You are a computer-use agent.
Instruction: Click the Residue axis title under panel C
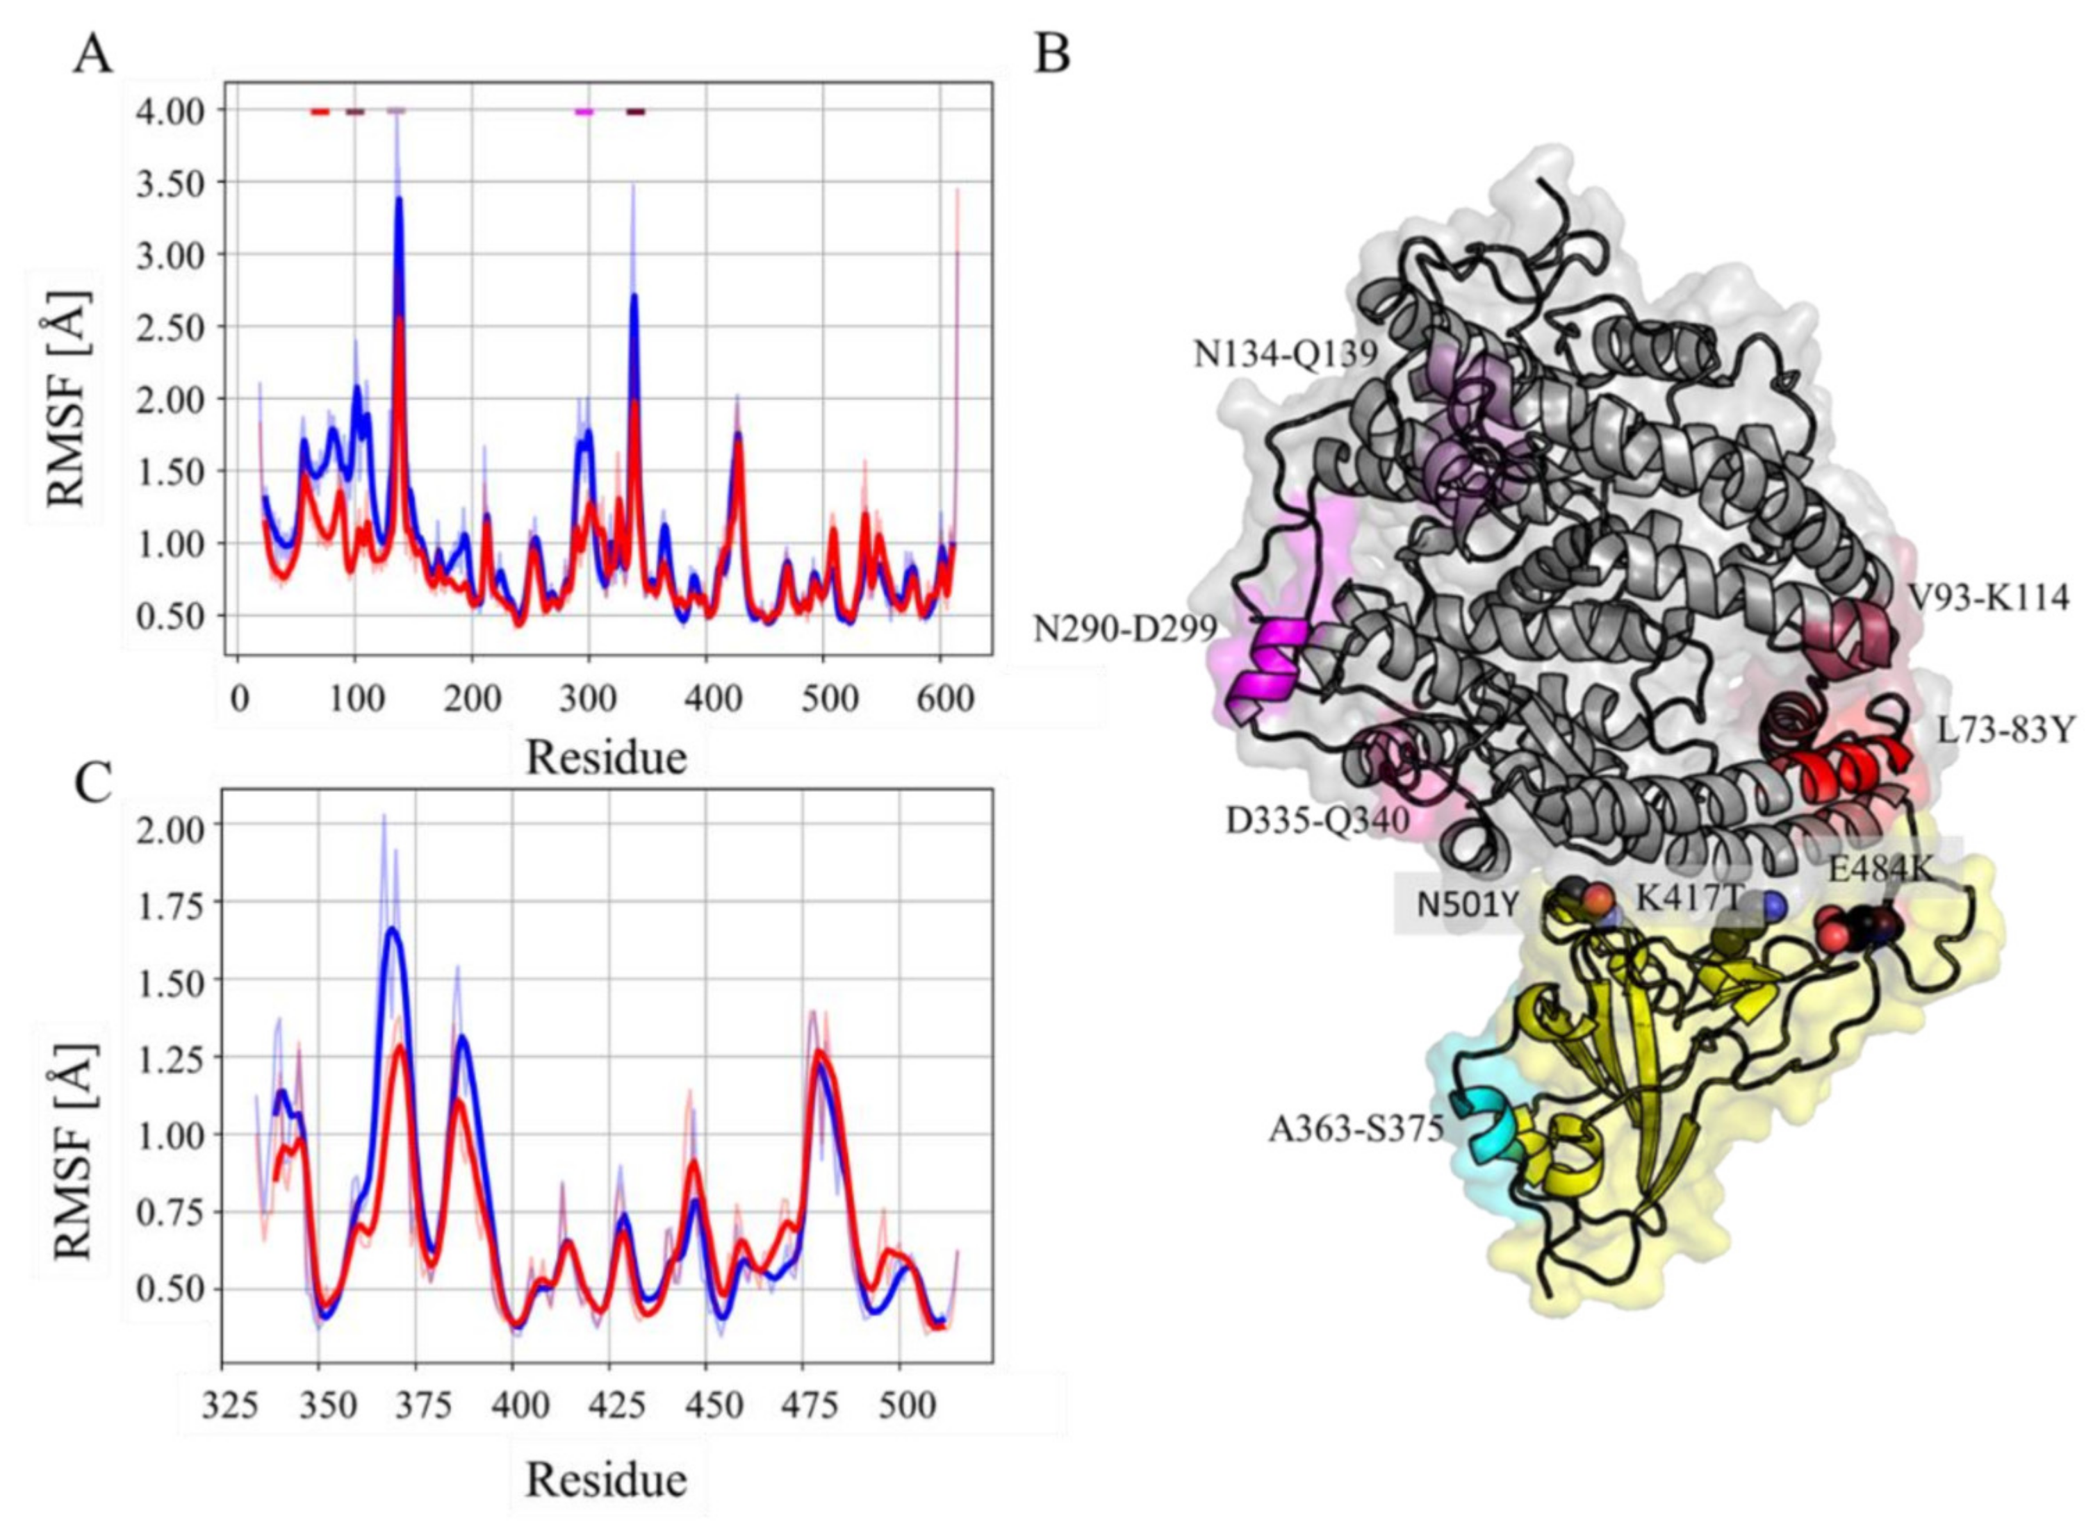606,1479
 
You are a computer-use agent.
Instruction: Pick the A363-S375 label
1356,1129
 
